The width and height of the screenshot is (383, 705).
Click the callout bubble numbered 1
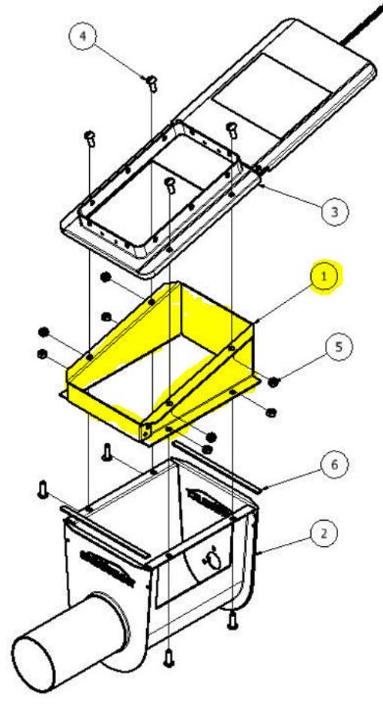(x=323, y=277)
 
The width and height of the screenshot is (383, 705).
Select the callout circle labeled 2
(x=323, y=533)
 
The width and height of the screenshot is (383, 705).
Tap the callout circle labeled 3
(x=334, y=212)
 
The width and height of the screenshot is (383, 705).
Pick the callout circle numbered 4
(x=83, y=35)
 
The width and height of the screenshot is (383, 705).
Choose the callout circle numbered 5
(x=340, y=347)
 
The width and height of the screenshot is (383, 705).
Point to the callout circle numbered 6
(x=334, y=465)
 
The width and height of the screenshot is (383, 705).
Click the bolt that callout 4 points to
(x=152, y=83)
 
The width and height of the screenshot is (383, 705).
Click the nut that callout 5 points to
(x=272, y=382)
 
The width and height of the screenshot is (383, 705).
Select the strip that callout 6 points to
(x=216, y=467)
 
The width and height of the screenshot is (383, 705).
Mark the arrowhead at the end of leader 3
(x=261, y=183)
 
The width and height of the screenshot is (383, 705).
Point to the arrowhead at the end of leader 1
(x=256, y=322)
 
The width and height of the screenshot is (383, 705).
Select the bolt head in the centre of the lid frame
(x=170, y=184)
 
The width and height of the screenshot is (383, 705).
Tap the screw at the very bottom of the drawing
(x=168, y=658)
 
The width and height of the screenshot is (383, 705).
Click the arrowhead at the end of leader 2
(x=259, y=553)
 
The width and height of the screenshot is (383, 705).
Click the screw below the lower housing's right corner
(x=232, y=620)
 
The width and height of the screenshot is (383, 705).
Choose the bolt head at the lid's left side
(x=89, y=136)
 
